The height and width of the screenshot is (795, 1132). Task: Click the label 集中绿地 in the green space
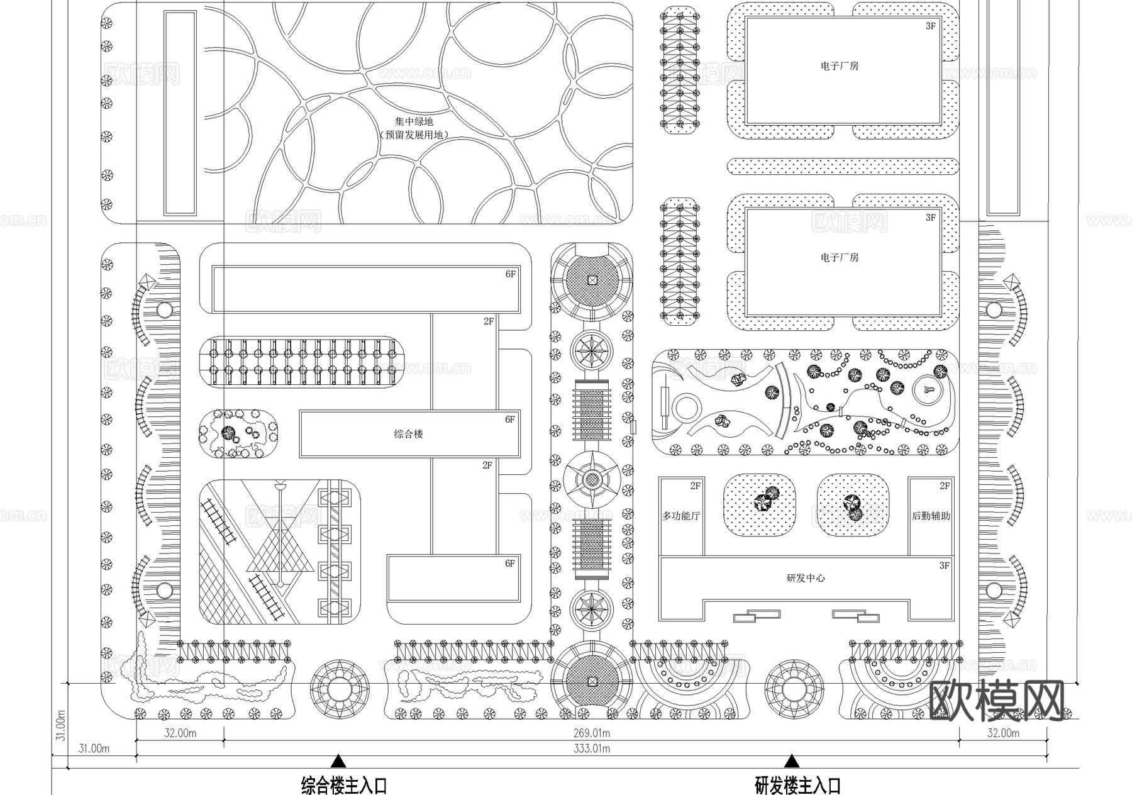(x=414, y=121)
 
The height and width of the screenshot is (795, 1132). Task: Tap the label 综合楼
(x=408, y=434)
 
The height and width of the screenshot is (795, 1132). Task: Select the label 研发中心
(x=806, y=578)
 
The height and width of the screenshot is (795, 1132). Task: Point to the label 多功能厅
(x=680, y=516)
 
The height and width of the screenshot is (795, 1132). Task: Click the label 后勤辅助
(x=931, y=516)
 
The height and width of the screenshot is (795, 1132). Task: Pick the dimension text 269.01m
(x=591, y=733)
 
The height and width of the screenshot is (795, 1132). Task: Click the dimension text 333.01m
(x=591, y=748)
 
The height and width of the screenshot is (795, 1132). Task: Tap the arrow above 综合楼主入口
(x=338, y=762)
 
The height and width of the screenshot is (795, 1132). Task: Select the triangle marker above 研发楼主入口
(x=792, y=762)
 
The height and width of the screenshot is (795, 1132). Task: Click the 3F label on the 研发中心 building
(x=944, y=565)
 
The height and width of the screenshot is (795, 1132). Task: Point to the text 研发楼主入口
(x=797, y=786)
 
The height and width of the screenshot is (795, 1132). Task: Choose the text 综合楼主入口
(x=344, y=786)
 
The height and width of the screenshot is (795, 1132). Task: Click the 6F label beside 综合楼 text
(x=509, y=420)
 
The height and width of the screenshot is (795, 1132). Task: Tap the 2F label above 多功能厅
(x=695, y=486)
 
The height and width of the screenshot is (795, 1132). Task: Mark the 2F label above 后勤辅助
(x=945, y=486)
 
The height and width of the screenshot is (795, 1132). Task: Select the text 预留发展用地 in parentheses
(x=414, y=135)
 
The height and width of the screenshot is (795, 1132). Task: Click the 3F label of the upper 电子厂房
(x=931, y=26)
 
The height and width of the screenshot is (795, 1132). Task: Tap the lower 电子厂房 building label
(x=839, y=258)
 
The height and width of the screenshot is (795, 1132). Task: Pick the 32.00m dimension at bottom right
(x=1003, y=733)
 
